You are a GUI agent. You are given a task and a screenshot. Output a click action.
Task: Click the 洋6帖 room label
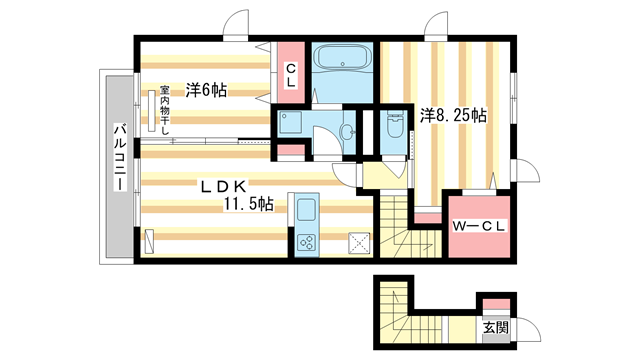[204, 89]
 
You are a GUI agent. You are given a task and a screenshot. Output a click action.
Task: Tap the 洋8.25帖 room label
[452, 116]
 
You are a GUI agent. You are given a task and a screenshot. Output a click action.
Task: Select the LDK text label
[226, 186]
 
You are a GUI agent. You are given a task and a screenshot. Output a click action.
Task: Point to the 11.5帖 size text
[248, 205]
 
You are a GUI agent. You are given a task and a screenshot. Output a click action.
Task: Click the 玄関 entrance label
[495, 327]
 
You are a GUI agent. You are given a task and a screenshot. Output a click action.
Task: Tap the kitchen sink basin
[305, 211]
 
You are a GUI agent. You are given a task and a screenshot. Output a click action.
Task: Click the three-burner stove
[305, 241]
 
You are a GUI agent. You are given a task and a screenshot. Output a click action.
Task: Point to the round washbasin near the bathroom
[349, 131]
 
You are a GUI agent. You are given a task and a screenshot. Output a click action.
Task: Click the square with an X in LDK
[358, 241]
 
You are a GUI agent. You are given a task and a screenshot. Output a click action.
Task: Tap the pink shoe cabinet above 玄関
[494, 305]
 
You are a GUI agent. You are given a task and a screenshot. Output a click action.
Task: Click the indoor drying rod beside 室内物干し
[151, 111]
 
